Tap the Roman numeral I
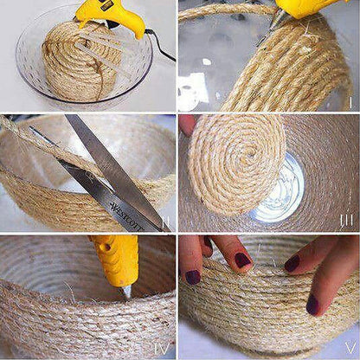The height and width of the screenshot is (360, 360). coord(349,102)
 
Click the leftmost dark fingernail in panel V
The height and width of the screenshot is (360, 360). coord(192,277)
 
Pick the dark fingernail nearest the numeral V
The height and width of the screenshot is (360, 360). coord(312,304)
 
